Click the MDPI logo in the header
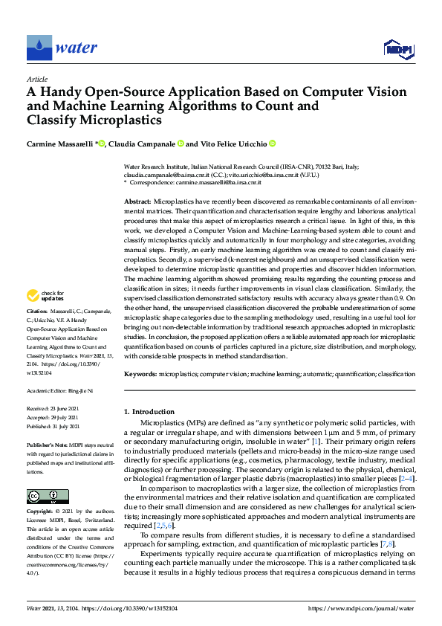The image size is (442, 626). [398, 49]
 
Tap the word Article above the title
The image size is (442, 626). [36, 79]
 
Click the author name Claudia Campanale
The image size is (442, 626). [145, 143]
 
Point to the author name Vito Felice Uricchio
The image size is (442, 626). [233, 143]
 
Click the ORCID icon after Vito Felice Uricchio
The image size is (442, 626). [273, 143]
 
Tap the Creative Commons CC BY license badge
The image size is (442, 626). [43, 497]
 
